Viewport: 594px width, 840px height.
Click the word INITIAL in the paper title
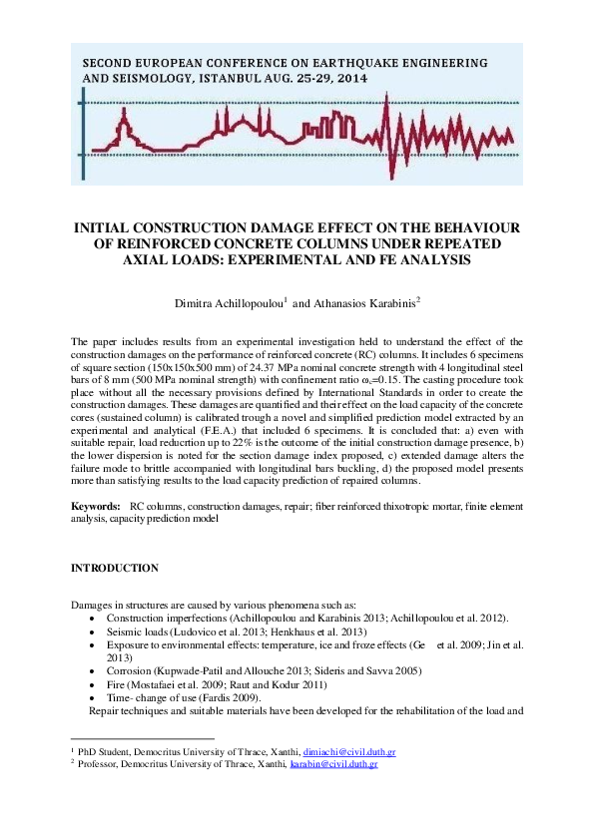(x=113, y=229)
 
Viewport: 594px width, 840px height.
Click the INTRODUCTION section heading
(x=114, y=568)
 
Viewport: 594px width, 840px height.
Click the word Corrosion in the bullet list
(x=128, y=671)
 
